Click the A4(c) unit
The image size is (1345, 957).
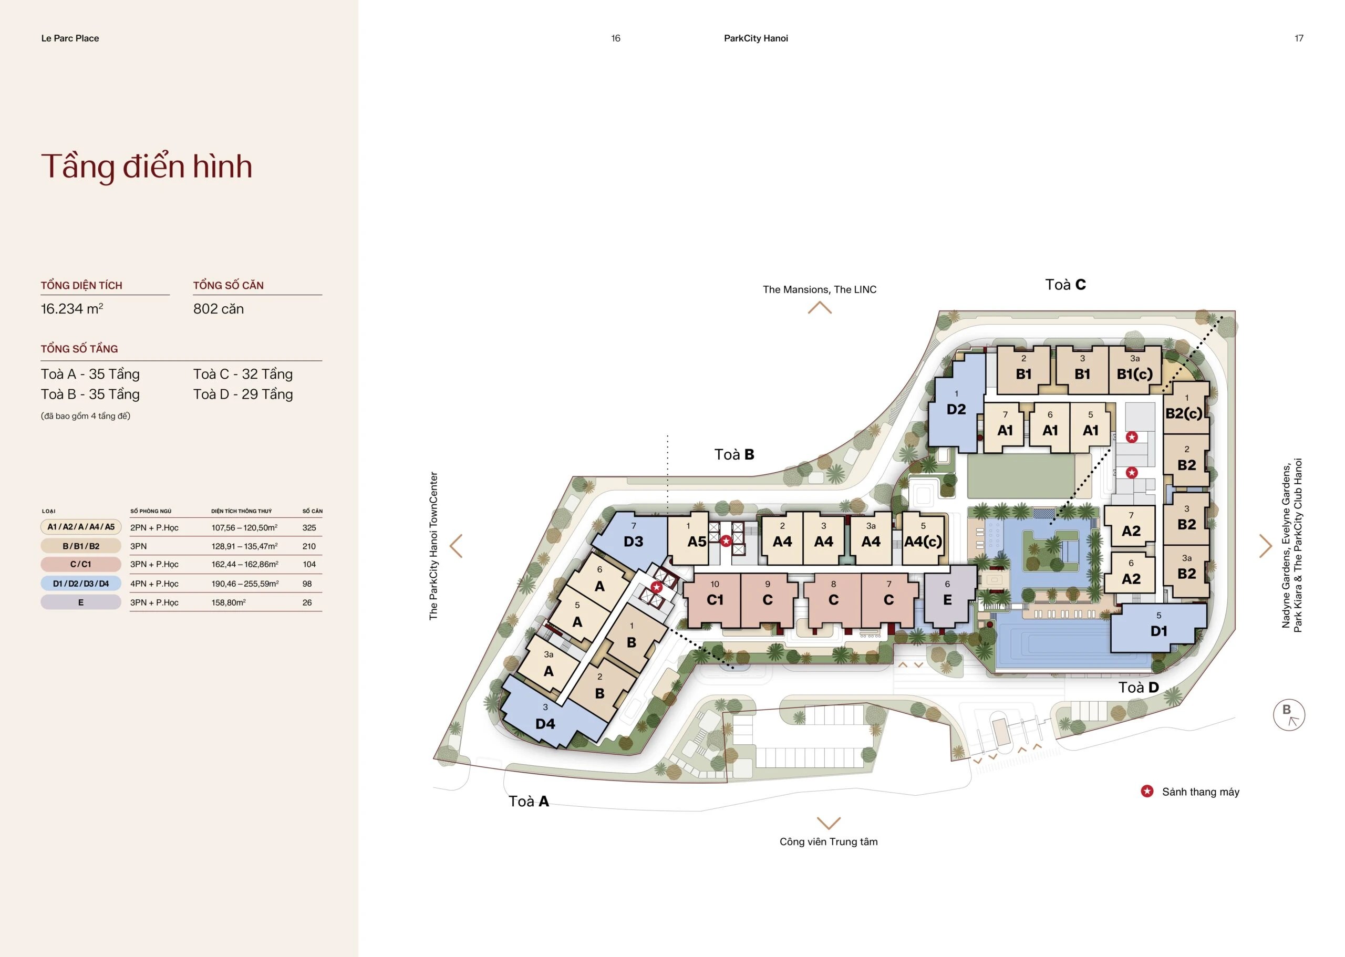coord(924,537)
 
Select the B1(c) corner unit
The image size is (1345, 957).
coord(1135,370)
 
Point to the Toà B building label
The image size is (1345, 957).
coord(734,454)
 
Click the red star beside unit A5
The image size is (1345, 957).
coord(726,540)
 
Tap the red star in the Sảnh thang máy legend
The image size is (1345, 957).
coord(1147,792)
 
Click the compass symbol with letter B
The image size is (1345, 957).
coord(1289,715)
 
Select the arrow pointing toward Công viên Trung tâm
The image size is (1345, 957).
coord(829,823)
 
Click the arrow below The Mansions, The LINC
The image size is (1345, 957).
coord(820,308)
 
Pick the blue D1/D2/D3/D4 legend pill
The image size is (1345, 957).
coord(81,584)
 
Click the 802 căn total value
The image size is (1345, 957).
coord(218,309)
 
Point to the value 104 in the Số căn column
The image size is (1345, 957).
coord(309,565)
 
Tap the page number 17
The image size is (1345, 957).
coord(1298,38)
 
